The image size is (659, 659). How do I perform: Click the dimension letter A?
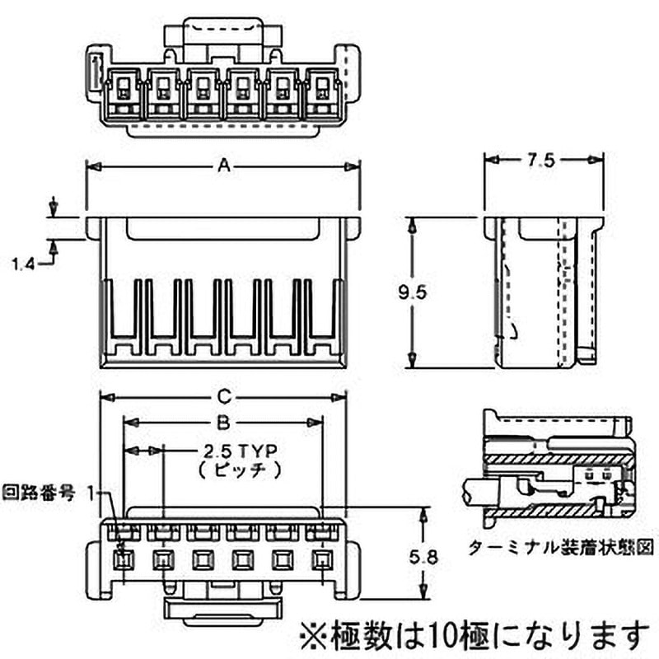click(x=222, y=166)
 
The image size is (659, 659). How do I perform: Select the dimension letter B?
click(x=222, y=423)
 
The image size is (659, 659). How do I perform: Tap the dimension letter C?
click(x=222, y=395)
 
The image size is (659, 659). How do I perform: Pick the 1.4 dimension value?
click(x=26, y=264)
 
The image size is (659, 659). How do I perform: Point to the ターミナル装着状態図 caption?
click(x=560, y=544)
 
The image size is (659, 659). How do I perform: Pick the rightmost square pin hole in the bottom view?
click(x=321, y=562)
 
